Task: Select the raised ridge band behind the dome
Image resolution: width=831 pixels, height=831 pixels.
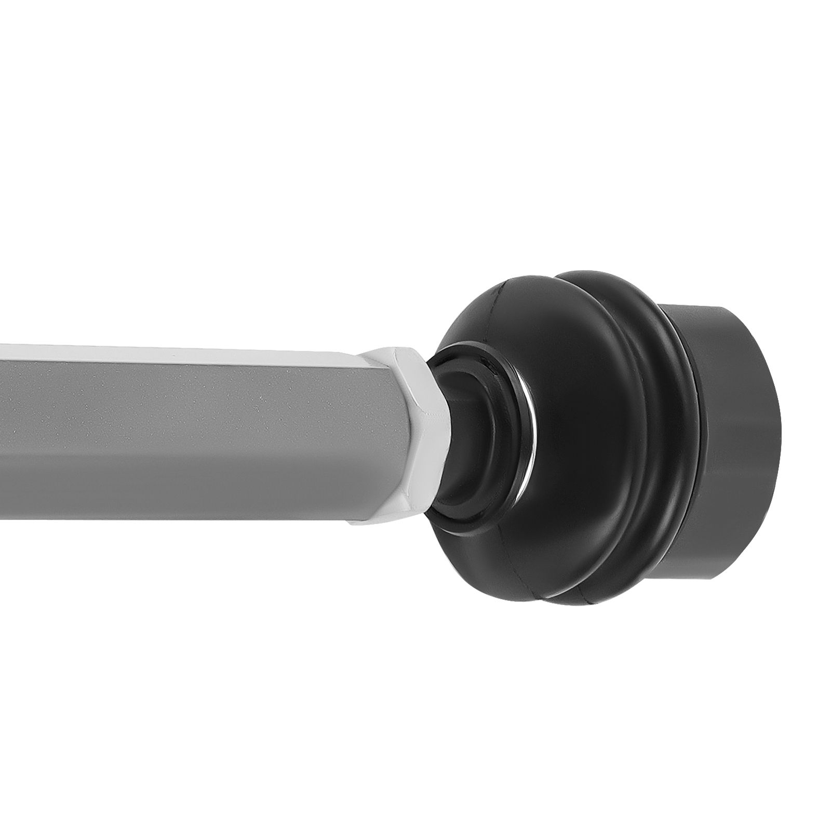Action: [x=660, y=415]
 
